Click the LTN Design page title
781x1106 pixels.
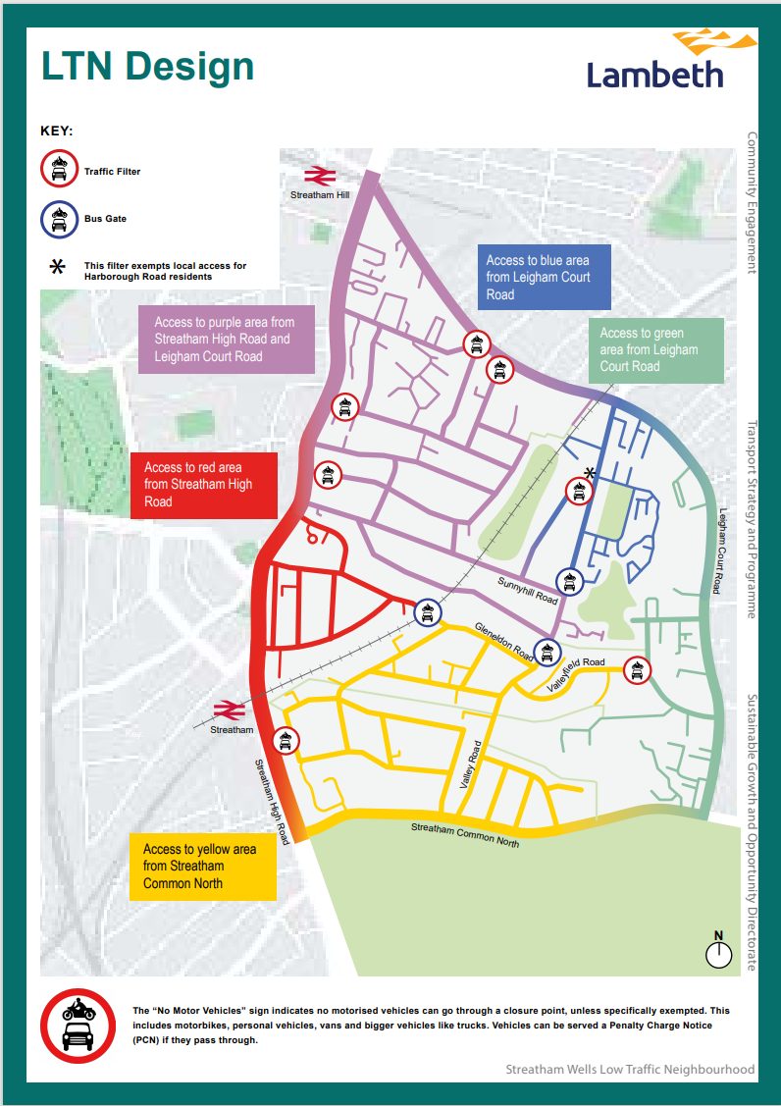click(x=147, y=68)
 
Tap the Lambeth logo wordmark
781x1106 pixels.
click(x=654, y=74)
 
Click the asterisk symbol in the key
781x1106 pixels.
click(x=58, y=268)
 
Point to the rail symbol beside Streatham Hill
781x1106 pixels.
click(x=320, y=177)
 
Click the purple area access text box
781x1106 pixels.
click(x=227, y=339)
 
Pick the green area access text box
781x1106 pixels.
click(x=656, y=350)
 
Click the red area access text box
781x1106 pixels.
click(x=203, y=485)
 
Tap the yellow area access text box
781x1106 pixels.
click(x=202, y=866)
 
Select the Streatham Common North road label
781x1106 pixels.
click(x=465, y=834)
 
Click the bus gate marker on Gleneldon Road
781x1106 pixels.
click(x=547, y=652)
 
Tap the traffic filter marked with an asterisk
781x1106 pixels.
click(x=578, y=491)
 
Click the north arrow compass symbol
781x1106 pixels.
click(x=718, y=951)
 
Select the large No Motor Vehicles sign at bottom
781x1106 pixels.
click(x=78, y=1026)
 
